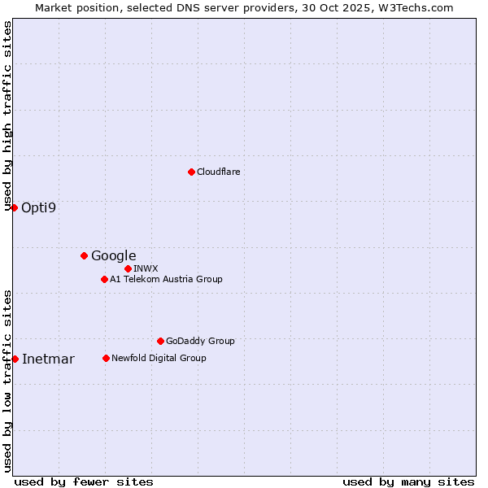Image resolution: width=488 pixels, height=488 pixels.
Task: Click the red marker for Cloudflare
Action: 191,172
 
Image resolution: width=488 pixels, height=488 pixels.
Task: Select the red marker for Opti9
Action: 14,207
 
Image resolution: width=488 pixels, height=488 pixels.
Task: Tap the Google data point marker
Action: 84,255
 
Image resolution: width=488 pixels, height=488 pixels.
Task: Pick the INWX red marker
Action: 128,268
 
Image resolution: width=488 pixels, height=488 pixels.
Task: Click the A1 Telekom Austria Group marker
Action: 104,279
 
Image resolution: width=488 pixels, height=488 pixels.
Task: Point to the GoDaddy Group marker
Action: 160,341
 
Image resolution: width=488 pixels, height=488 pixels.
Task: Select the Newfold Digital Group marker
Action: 106,358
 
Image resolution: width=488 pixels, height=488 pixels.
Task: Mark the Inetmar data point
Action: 15,359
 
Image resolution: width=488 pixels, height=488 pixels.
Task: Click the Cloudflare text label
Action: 218,172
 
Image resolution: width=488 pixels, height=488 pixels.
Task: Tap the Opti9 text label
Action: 39,207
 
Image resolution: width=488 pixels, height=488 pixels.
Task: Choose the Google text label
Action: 113,255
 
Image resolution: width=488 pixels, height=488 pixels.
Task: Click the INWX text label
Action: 146,268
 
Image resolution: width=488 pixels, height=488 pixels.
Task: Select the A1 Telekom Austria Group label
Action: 166,279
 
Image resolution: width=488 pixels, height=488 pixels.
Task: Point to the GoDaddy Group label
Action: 200,341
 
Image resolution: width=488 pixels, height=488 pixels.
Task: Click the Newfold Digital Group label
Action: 159,358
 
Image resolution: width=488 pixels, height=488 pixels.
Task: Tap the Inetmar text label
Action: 48,359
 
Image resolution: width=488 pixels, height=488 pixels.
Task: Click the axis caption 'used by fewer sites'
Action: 84,481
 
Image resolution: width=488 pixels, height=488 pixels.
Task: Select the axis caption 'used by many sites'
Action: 408,481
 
